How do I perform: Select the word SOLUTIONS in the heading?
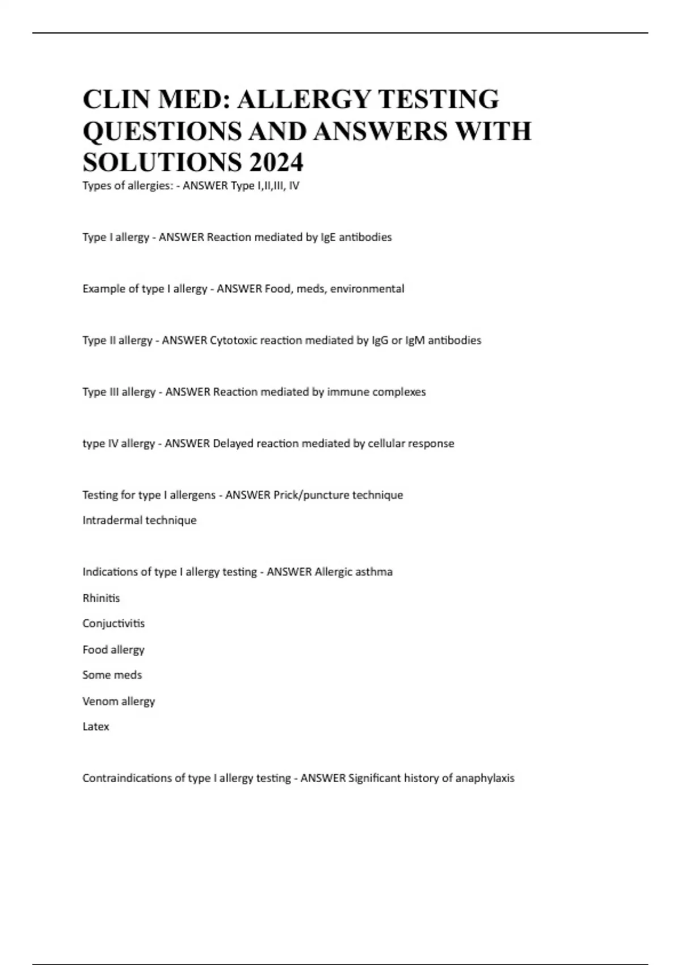click(x=161, y=162)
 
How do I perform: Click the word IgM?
click(x=415, y=341)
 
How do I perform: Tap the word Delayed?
click(x=233, y=443)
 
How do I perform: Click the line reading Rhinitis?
click(x=101, y=598)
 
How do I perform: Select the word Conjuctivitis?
click(x=113, y=623)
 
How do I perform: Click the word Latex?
click(x=95, y=727)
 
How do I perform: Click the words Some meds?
click(x=112, y=675)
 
